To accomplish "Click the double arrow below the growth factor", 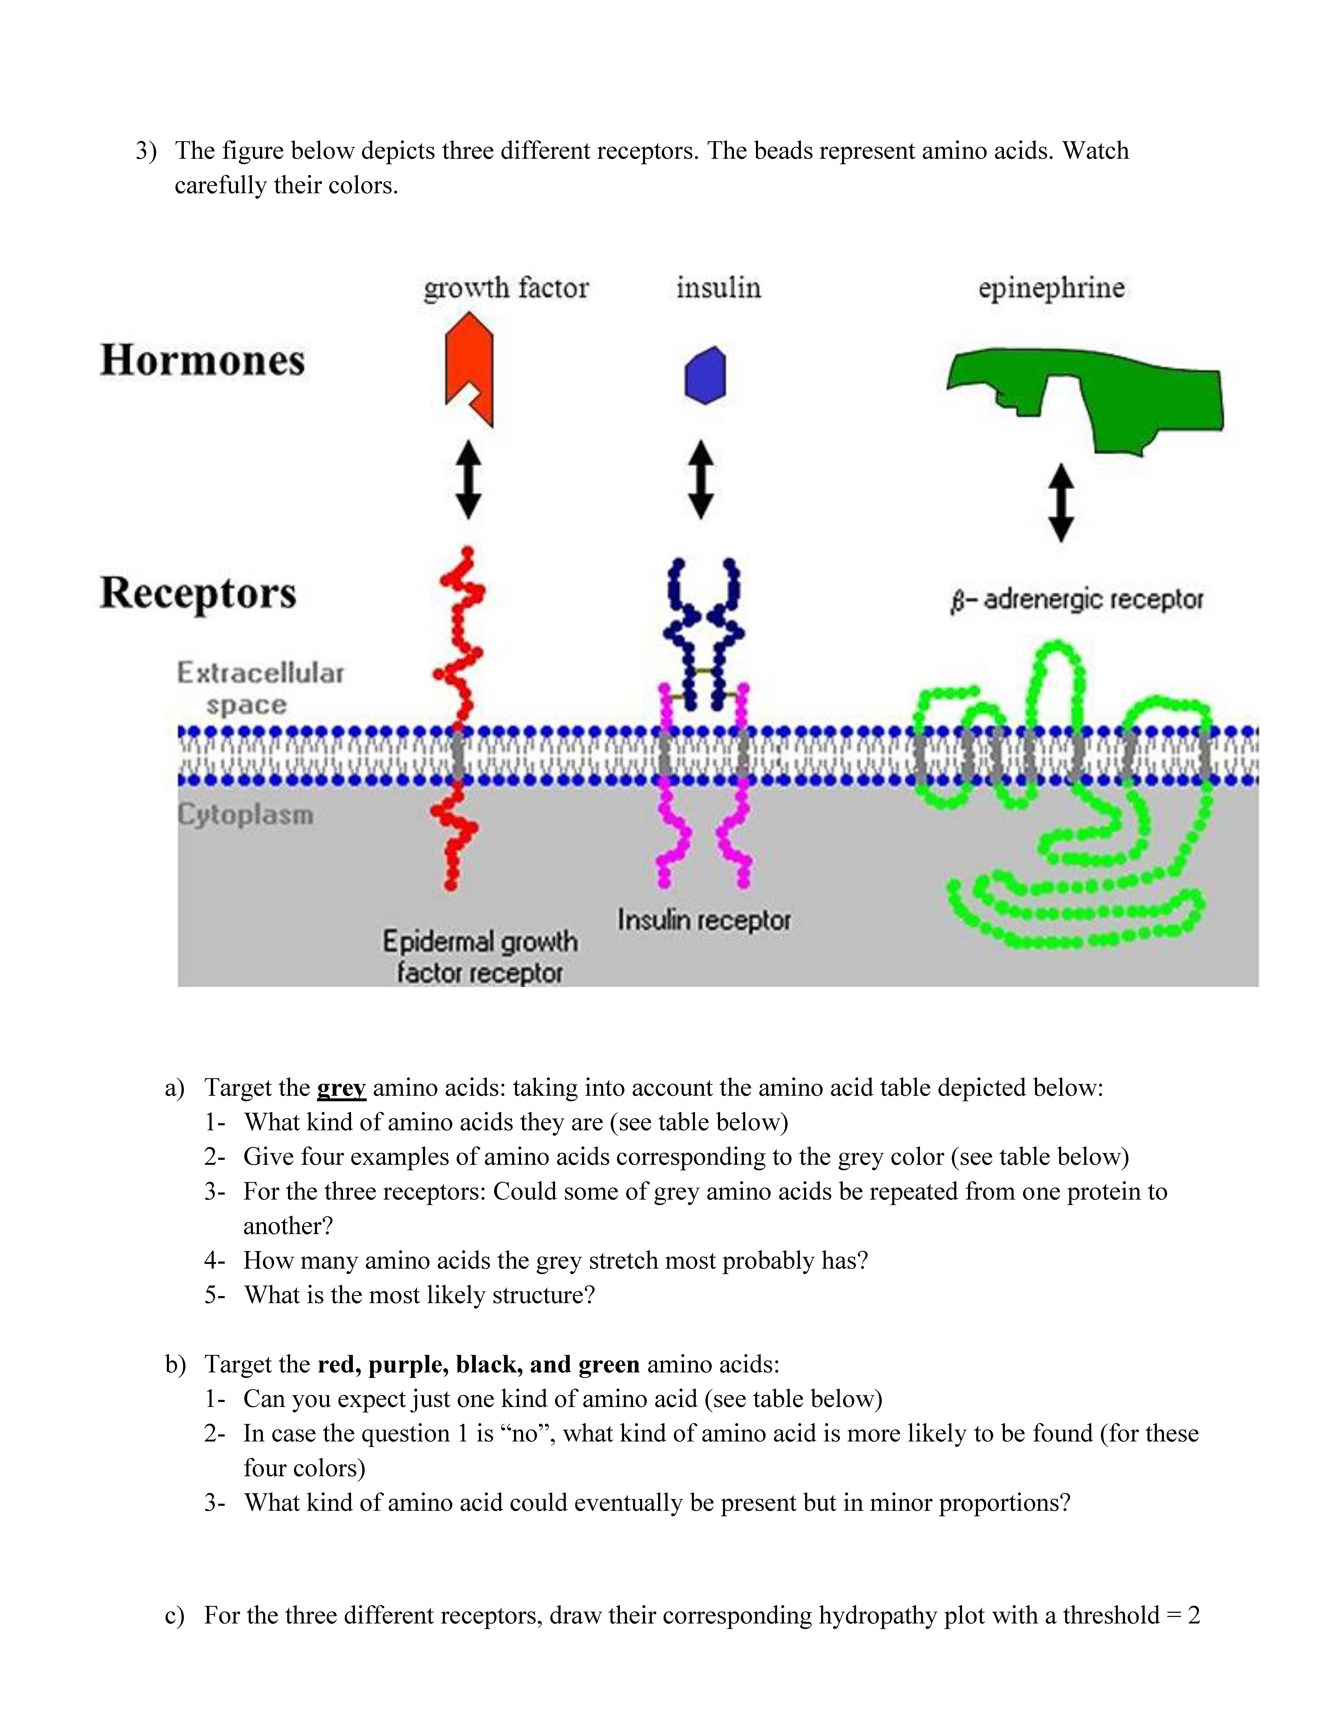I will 469,480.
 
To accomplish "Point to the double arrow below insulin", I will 701,480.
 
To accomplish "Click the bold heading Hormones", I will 202,360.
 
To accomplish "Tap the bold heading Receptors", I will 197,593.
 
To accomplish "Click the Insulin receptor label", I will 703,920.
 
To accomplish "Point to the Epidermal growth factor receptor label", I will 480,956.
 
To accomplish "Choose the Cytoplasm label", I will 245,814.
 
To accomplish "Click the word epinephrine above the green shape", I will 1051,288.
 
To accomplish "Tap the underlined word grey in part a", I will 341,1088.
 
